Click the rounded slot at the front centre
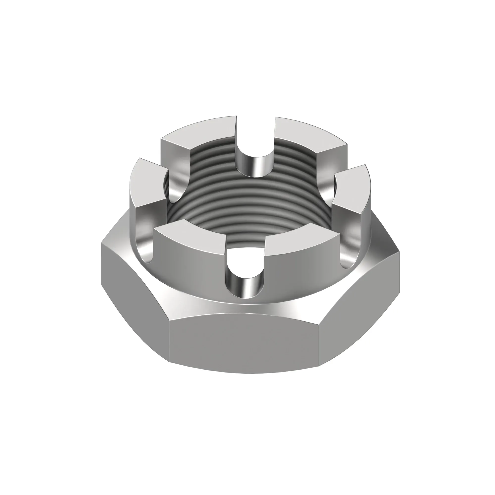coord(245,277)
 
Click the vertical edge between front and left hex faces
coord(169,341)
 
